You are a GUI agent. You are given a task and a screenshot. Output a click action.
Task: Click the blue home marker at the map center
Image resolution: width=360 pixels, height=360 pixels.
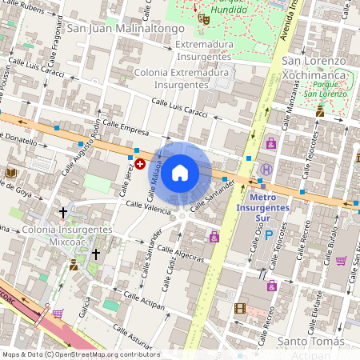coord(180,172)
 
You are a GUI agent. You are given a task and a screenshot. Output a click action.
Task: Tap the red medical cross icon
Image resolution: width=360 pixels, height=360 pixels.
coord(140,163)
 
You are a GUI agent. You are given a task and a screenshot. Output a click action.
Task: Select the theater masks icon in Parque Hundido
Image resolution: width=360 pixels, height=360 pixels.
coord(204,15)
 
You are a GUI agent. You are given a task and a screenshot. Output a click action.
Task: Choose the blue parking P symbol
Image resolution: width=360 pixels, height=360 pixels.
coord(269,236)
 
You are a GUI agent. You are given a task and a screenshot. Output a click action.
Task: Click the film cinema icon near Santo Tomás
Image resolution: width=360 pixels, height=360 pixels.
coord(240,308)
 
